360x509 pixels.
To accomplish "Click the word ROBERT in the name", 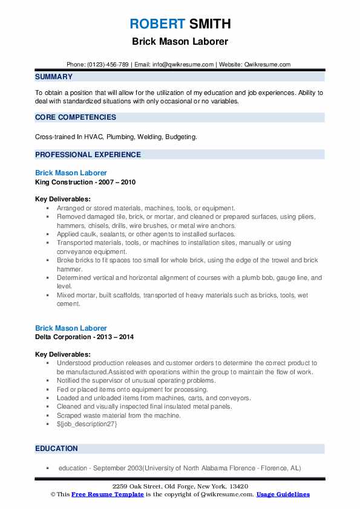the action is pyautogui.click(x=157, y=24).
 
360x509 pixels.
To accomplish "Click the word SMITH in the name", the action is pyautogui.click(x=209, y=24).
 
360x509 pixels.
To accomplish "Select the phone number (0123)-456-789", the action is pyautogui.click(x=108, y=65).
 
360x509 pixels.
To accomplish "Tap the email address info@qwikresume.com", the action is pyautogui.click(x=183, y=65).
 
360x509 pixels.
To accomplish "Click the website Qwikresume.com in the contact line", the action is pyautogui.click(x=267, y=65).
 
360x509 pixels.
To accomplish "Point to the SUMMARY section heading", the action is pyautogui.click(x=54, y=77).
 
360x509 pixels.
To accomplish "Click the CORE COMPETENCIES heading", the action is pyautogui.click(x=76, y=117).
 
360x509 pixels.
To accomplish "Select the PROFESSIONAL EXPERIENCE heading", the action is pyautogui.click(x=88, y=155).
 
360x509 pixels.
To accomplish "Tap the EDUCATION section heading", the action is pyautogui.click(x=56, y=449).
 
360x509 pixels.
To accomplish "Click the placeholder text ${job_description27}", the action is pyautogui.click(x=87, y=424).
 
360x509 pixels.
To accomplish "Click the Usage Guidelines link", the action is pyautogui.click(x=283, y=494).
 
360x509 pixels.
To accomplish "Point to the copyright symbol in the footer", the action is pyautogui.click(x=53, y=494).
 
